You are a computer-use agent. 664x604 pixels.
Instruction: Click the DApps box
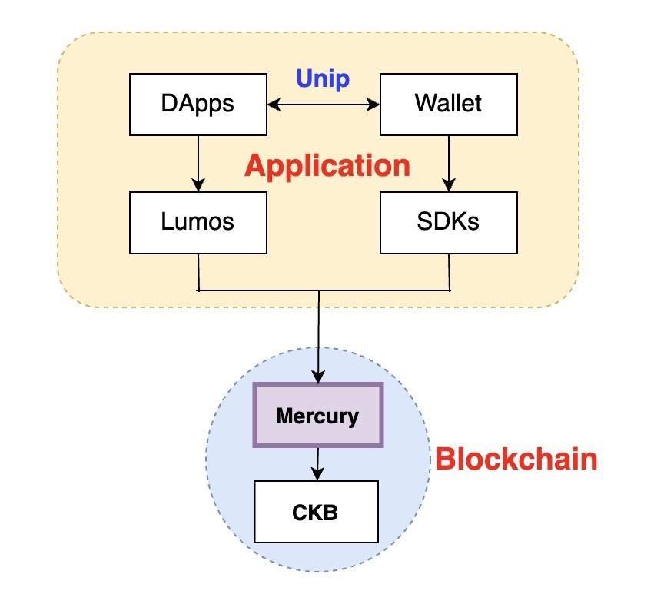[x=198, y=104]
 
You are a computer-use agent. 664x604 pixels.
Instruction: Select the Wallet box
[x=448, y=104]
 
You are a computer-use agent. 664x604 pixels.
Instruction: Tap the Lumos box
[x=198, y=223]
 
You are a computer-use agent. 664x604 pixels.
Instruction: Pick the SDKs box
[x=448, y=223]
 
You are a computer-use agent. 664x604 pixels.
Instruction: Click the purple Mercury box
[x=317, y=416]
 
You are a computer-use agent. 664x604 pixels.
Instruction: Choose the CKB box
[x=316, y=512]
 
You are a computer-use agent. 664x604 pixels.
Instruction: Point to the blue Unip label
[x=324, y=78]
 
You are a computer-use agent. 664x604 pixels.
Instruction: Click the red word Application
[x=327, y=166]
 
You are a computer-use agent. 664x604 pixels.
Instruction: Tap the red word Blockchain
[x=516, y=460]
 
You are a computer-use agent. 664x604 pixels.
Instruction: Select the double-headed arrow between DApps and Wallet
[x=324, y=104]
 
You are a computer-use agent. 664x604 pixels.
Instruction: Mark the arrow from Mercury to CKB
[x=317, y=464]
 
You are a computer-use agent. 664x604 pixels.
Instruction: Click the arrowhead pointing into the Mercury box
[x=318, y=377]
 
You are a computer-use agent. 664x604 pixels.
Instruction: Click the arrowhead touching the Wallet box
[x=375, y=104]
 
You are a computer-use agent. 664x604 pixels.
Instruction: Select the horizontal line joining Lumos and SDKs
[x=324, y=290]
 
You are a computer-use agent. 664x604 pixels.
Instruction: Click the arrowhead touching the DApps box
[x=271, y=104]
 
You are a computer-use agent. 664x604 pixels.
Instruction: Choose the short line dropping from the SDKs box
[x=449, y=272]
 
